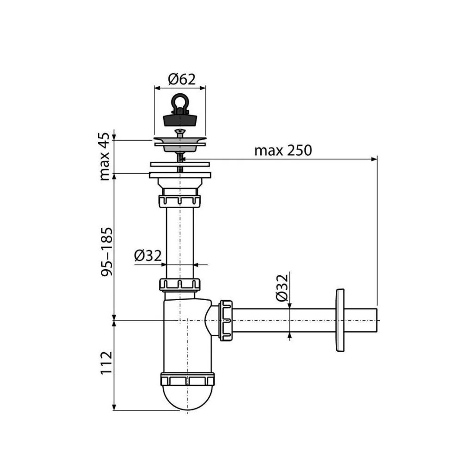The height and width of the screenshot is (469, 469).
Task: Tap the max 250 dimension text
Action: point(283,150)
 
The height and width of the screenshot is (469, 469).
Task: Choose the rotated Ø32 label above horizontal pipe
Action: point(281,288)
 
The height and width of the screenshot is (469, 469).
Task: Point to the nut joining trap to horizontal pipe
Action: point(226,320)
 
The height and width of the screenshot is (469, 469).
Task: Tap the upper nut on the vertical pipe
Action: point(180,202)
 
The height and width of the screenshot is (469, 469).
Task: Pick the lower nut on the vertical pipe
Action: point(180,284)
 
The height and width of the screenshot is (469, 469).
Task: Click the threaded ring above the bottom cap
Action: point(187,379)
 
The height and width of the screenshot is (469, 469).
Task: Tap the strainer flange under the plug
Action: point(180,142)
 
